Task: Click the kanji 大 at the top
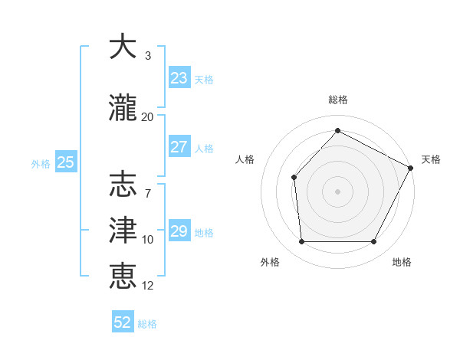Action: (123, 47)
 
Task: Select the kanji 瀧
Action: (123, 108)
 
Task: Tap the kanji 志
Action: (123, 185)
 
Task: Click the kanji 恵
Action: (123, 276)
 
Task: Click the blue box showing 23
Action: (179, 78)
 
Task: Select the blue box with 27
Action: (179, 147)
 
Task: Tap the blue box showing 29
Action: (179, 231)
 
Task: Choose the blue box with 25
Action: (66, 162)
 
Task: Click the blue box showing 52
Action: (123, 322)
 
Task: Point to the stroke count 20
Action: (148, 116)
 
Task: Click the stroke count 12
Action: (148, 286)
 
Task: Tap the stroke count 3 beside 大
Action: (148, 56)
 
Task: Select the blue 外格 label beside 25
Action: (41, 163)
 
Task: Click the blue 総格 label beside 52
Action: (147, 324)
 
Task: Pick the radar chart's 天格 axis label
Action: (431, 159)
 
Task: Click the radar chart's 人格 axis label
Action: (245, 159)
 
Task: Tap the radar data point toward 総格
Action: (337, 131)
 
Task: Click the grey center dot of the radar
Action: (337, 191)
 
